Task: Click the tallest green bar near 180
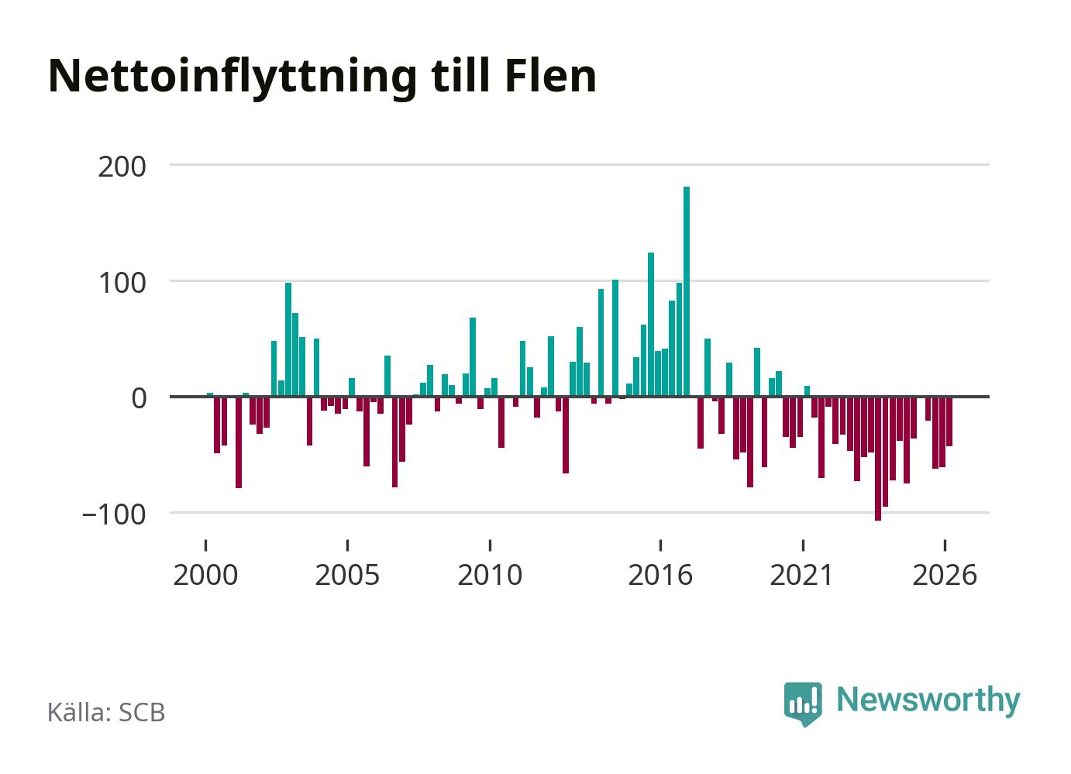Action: (687, 291)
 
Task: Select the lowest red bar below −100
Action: (878, 459)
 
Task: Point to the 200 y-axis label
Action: (122, 167)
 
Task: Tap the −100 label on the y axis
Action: (114, 515)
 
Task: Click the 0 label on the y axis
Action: (139, 399)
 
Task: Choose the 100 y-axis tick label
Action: (122, 284)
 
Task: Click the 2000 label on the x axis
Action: (205, 575)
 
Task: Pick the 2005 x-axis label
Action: (348, 575)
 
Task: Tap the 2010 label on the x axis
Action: (490, 575)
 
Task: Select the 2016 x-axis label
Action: (660, 575)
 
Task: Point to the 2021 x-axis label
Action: (802, 575)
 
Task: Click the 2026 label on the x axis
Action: (945, 575)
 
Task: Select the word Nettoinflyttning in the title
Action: (232, 79)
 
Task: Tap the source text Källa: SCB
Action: (106, 712)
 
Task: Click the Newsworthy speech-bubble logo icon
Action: (803, 703)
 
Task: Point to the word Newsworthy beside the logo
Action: (928, 702)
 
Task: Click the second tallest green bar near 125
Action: (651, 325)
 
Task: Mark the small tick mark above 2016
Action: (660, 545)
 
